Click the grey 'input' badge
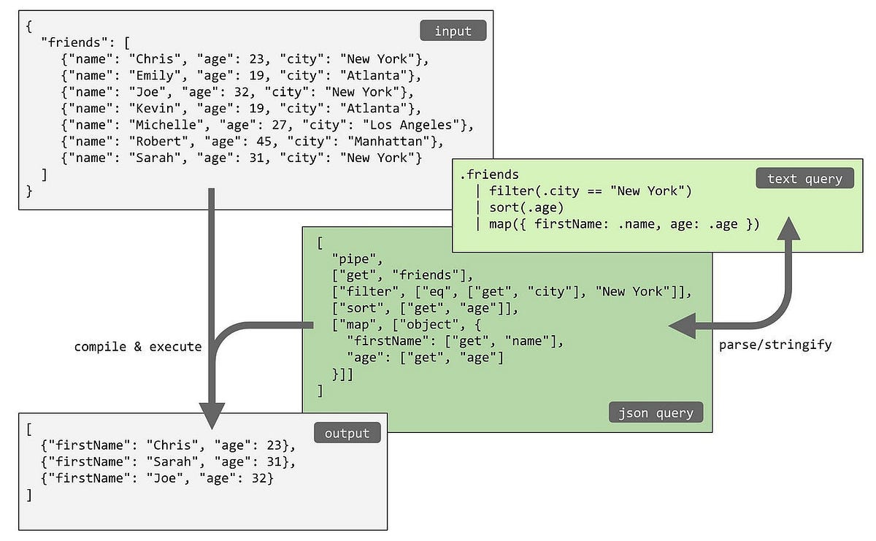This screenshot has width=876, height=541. click(x=453, y=31)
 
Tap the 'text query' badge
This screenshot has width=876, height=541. click(x=804, y=178)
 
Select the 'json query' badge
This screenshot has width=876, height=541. click(x=656, y=413)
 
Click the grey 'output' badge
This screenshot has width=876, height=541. click(x=347, y=432)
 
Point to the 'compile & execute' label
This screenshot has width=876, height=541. click(x=137, y=347)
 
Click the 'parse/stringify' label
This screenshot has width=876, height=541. click(x=775, y=344)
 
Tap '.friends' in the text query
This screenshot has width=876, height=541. click(x=489, y=174)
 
